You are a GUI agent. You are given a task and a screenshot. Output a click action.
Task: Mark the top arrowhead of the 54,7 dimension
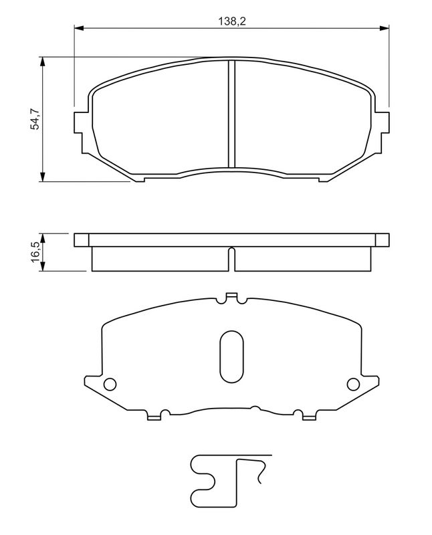[x=43, y=62]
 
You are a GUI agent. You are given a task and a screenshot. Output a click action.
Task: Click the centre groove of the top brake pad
[x=230, y=114]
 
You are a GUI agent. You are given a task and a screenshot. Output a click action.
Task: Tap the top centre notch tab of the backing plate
[x=232, y=297]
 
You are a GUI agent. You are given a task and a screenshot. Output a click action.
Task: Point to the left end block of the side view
[x=81, y=240]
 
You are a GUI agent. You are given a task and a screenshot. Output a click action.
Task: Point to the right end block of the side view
[x=381, y=240]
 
